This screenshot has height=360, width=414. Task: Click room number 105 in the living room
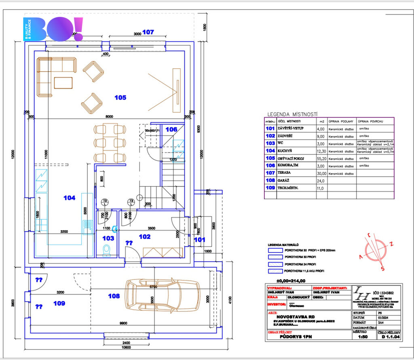[x=120, y=97]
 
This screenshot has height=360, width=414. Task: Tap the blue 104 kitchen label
[x=70, y=198]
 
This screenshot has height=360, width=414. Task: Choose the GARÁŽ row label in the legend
[x=283, y=180]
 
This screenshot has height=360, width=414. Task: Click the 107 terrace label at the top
[x=148, y=32]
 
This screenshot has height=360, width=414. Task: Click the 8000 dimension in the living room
[x=109, y=116]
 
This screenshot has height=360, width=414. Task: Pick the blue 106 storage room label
[x=171, y=129]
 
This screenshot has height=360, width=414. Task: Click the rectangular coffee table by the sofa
[x=63, y=83]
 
